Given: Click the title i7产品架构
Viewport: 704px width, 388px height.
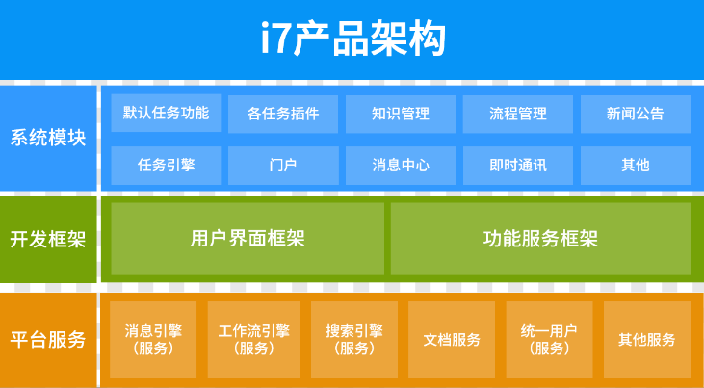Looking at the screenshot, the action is pyautogui.click(x=352, y=39).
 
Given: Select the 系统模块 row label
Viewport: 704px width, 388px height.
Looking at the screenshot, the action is pyautogui.click(x=48, y=138).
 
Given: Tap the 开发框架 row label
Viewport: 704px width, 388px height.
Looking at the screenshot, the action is pyautogui.click(x=48, y=240).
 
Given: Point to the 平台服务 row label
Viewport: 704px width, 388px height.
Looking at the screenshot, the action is pyautogui.click(x=48, y=340).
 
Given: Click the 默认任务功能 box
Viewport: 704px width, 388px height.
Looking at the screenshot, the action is pyautogui.click(x=166, y=114).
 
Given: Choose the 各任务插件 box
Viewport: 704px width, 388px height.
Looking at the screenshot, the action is pyautogui.click(x=283, y=114).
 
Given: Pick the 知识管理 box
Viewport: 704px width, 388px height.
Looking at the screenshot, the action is pyautogui.click(x=401, y=114).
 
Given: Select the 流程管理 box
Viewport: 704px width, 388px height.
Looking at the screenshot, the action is pyautogui.click(x=518, y=114).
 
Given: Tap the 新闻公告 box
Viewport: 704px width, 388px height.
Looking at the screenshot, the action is pyautogui.click(x=636, y=114).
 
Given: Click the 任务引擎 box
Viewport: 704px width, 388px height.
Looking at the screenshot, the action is pyautogui.click(x=166, y=166).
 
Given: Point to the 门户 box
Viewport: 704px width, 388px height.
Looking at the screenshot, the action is pyautogui.click(x=283, y=166).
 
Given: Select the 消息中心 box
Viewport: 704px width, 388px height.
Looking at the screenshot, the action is pyautogui.click(x=401, y=166).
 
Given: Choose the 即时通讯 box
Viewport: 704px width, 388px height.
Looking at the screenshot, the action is pyautogui.click(x=518, y=166).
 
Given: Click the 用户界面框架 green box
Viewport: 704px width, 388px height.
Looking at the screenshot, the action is pyautogui.click(x=248, y=239).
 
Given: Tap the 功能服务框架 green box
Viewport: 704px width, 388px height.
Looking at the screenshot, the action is pyautogui.click(x=540, y=239).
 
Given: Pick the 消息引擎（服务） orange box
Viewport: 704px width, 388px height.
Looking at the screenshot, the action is pyautogui.click(x=153, y=340).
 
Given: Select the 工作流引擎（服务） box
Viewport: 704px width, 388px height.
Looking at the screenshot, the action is pyautogui.click(x=253, y=340).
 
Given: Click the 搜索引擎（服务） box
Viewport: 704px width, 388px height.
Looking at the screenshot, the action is pyautogui.click(x=354, y=340).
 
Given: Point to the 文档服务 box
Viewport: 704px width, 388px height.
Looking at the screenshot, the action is pyautogui.click(x=452, y=340).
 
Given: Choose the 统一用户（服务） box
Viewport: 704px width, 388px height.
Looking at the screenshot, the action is pyautogui.click(x=549, y=340).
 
